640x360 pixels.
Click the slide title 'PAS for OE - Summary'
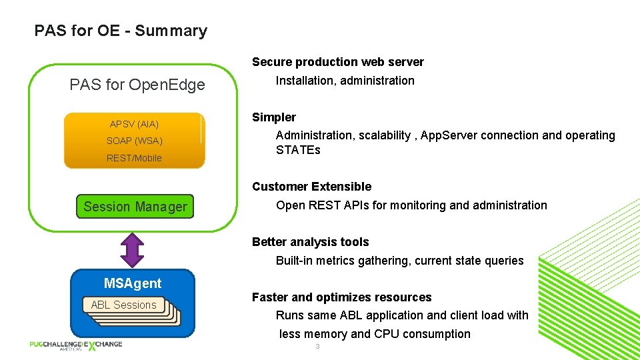click(121, 31)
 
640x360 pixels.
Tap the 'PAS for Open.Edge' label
click(137, 85)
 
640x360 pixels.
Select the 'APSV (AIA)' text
click(134, 124)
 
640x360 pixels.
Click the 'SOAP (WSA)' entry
click(134, 141)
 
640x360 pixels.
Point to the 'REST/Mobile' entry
click(134, 158)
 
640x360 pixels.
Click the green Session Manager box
click(135, 207)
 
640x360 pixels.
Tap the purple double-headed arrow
click(133, 250)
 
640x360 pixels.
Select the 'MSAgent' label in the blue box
click(133, 283)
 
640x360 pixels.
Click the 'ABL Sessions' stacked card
click(124, 305)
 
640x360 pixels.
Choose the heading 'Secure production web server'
click(337, 62)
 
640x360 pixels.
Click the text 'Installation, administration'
click(345, 81)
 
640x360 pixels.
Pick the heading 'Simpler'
click(273, 117)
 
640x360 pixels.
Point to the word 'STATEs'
click(298, 150)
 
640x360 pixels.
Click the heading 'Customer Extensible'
click(311, 187)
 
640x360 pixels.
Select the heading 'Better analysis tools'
click(310, 242)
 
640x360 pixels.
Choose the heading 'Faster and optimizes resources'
click(341, 297)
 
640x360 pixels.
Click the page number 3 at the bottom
click(318, 347)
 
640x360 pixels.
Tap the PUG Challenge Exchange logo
click(75, 345)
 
